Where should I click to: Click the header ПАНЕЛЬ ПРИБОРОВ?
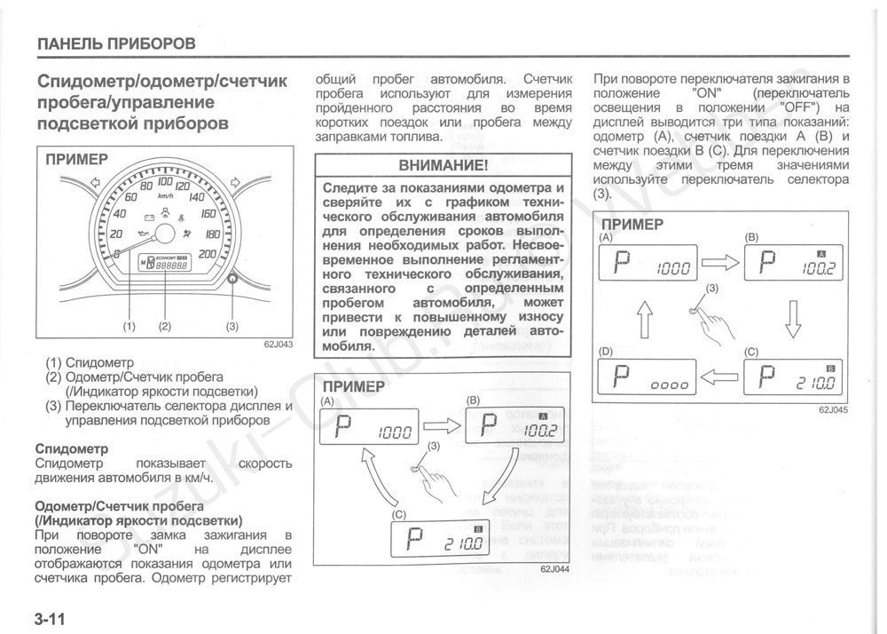pos(116,43)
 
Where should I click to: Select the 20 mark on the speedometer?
pos(115,234)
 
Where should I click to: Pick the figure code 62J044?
pos(554,569)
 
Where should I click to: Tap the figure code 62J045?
pos(833,409)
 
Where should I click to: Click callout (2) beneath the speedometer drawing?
pos(164,326)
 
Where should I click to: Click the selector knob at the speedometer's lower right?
pos(232,278)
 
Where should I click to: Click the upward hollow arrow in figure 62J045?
pos(645,317)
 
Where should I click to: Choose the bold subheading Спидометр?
pos(71,448)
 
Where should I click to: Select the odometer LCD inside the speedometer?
pos(164,264)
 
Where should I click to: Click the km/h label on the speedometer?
pos(165,195)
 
